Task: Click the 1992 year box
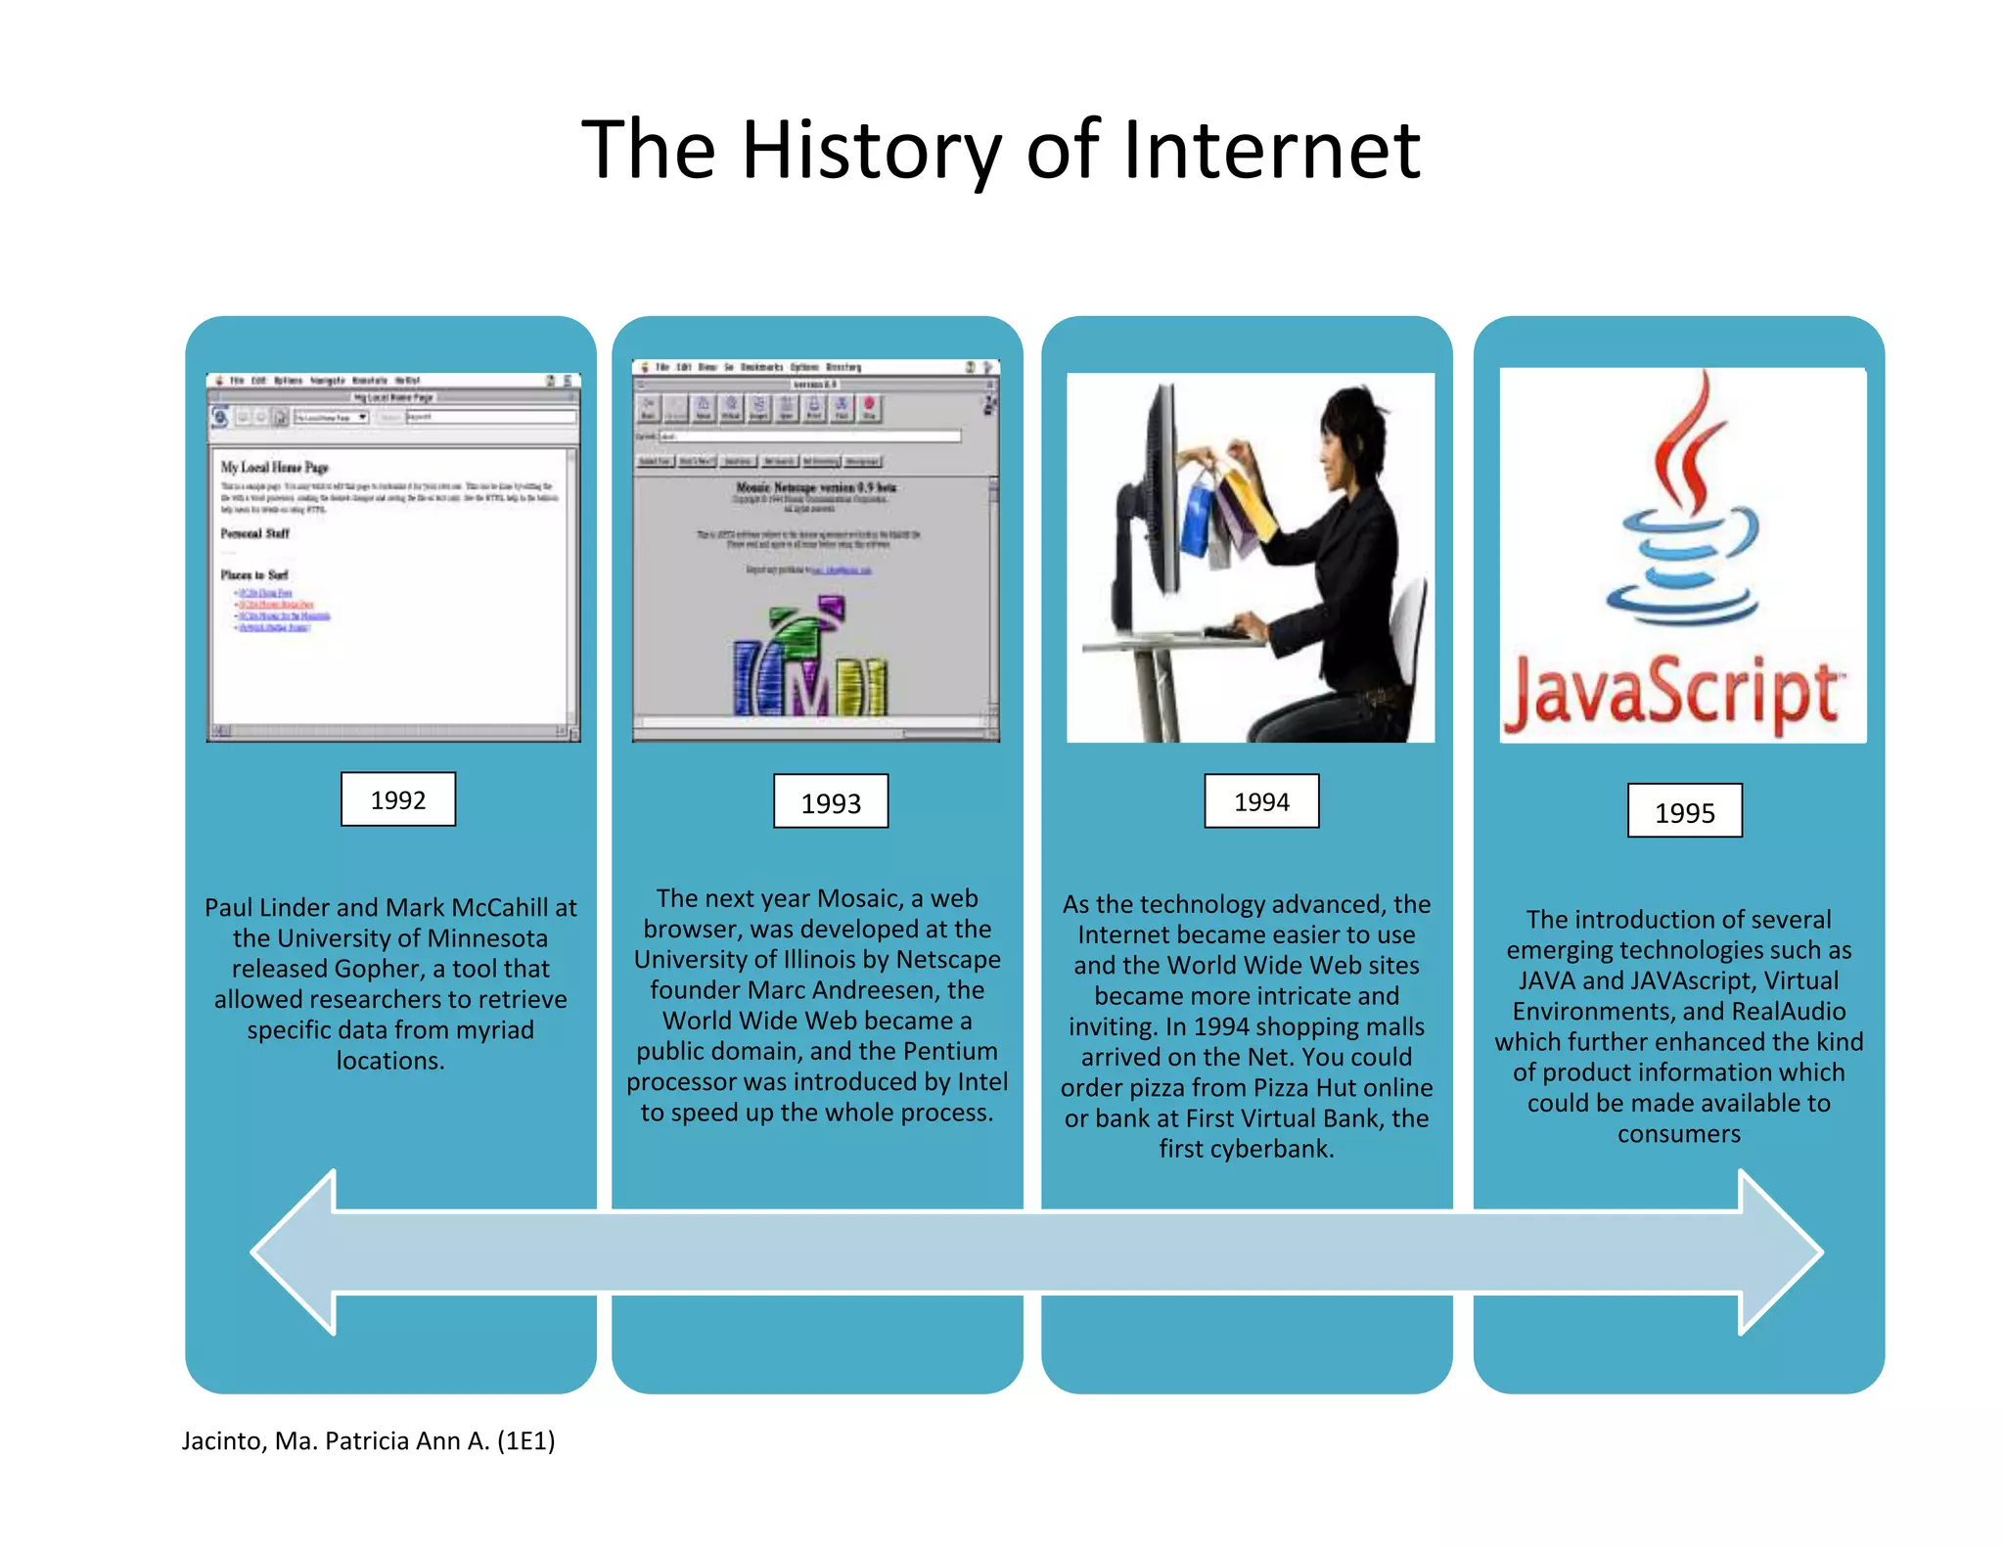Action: [x=397, y=799]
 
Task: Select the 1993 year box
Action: [x=831, y=801]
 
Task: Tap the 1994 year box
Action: [x=1261, y=801]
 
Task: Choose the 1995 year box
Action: [x=1684, y=811]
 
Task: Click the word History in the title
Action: [x=871, y=150]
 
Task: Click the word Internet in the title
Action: [x=1271, y=150]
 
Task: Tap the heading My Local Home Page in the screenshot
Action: [x=275, y=468]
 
